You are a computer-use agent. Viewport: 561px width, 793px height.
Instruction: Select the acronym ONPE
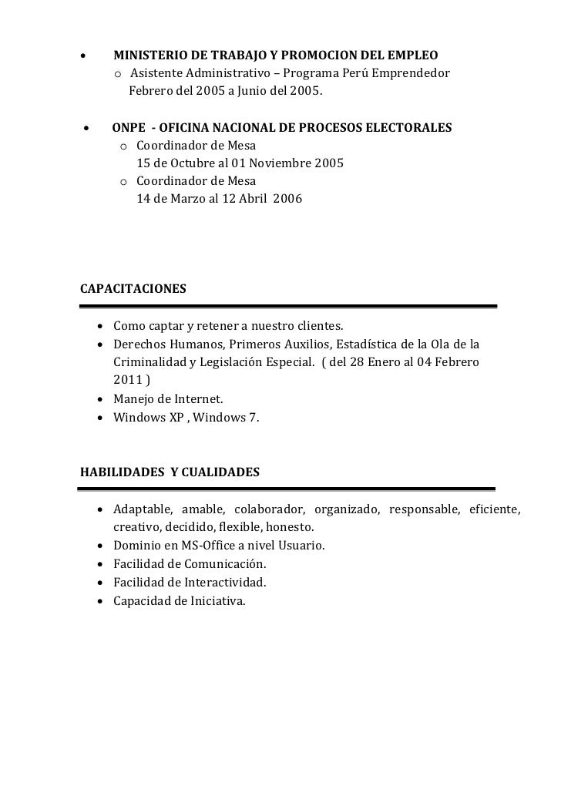coord(129,127)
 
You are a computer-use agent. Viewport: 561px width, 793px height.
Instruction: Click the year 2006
coord(287,199)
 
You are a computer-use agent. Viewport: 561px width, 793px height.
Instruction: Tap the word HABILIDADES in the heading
coord(120,471)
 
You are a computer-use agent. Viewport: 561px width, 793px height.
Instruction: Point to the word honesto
coord(290,528)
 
